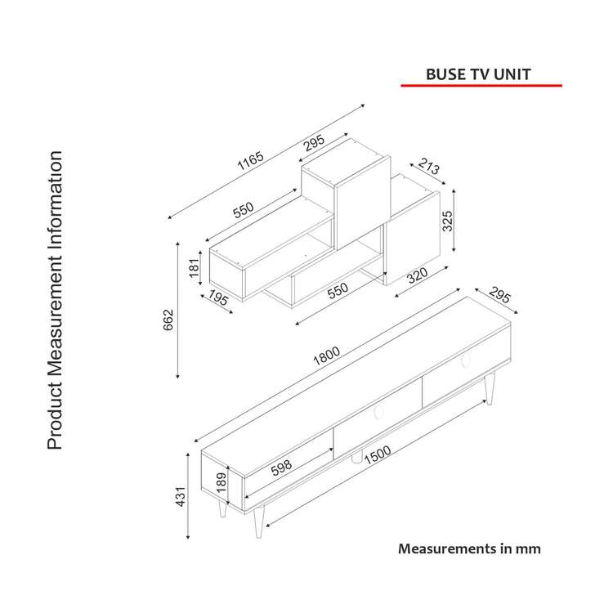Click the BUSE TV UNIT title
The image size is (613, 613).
click(x=478, y=74)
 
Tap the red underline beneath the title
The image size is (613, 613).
click(x=481, y=85)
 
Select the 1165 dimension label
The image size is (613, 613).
click(x=251, y=161)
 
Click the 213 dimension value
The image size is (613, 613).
click(x=429, y=166)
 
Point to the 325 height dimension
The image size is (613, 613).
click(x=447, y=221)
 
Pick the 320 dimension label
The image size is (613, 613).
click(x=418, y=275)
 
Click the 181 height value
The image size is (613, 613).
click(x=195, y=268)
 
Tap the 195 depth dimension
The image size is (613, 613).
click(x=217, y=298)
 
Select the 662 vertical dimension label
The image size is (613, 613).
click(x=168, y=320)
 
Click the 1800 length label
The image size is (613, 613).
click(x=326, y=356)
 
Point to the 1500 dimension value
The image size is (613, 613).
click(x=378, y=454)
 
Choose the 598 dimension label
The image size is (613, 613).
click(x=281, y=468)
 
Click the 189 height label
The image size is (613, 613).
click(x=221, y=482)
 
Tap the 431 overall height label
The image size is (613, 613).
click(x=181, y=497)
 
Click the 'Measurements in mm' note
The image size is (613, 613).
click(x=469, y=549)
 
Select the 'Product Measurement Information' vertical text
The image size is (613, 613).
click(x=55, y=300)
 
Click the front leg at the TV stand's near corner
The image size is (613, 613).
click(x=258, y=522)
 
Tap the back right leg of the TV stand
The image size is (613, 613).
click(x=489, y=388)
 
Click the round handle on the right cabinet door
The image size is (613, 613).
click(x=465, y=360)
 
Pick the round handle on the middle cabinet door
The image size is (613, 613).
click(x=378, y=412)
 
